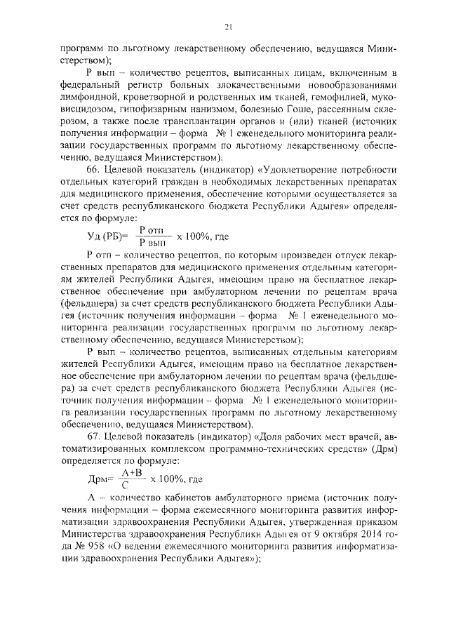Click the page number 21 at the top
[227, 27]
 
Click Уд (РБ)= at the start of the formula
[107, 236]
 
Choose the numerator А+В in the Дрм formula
[126, 472]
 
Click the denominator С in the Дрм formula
[124, 485]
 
